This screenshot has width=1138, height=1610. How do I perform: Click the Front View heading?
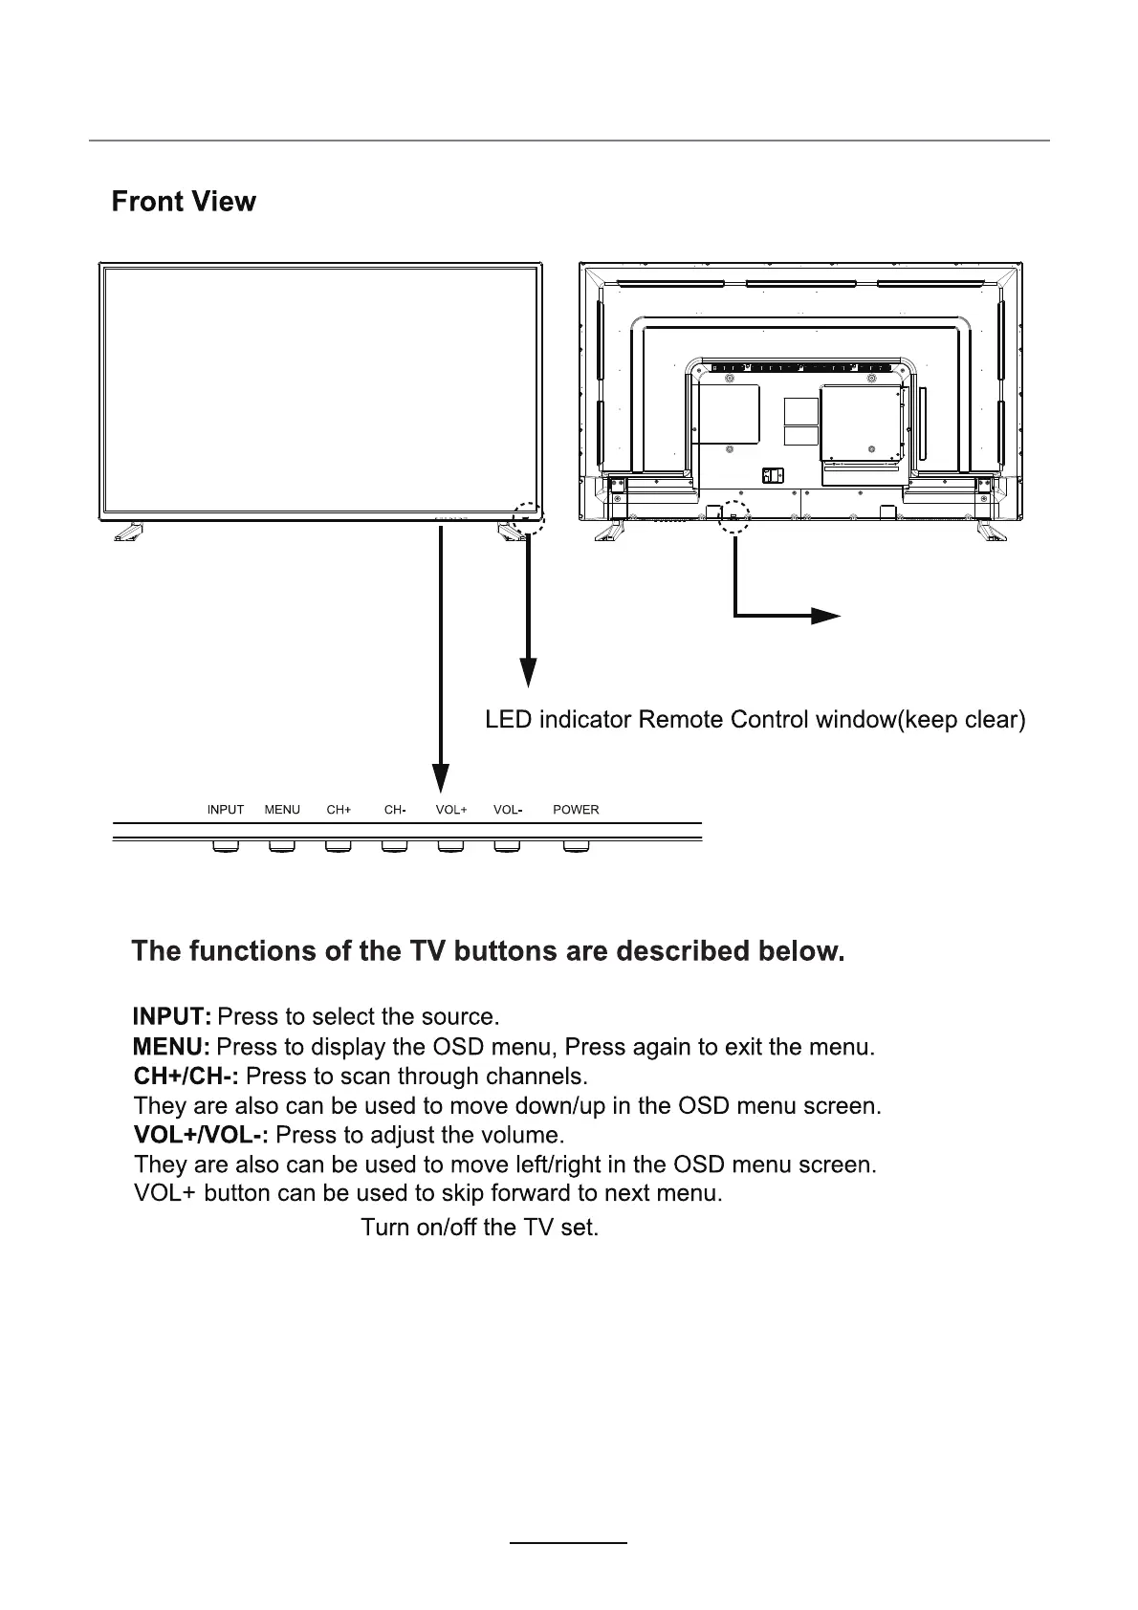184,202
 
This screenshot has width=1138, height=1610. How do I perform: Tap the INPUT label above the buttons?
226,810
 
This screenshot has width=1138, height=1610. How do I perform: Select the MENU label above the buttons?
282,810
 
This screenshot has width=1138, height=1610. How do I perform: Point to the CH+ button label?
339,810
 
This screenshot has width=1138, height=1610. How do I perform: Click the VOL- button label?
508,810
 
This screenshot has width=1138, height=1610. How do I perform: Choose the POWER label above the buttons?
576,810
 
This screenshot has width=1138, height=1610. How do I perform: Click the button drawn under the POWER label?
576,846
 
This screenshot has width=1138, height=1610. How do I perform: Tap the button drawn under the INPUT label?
226,846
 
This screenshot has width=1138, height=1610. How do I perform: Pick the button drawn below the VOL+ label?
450,846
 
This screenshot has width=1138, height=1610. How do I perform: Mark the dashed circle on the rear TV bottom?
733,516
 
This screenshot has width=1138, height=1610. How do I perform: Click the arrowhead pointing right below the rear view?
824,616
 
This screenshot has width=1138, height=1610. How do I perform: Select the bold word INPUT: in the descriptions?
172,1015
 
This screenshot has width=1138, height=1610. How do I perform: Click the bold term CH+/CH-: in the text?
186,1077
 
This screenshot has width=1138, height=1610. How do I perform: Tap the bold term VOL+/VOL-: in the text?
202,1136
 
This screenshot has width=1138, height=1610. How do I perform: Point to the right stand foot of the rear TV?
991,532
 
